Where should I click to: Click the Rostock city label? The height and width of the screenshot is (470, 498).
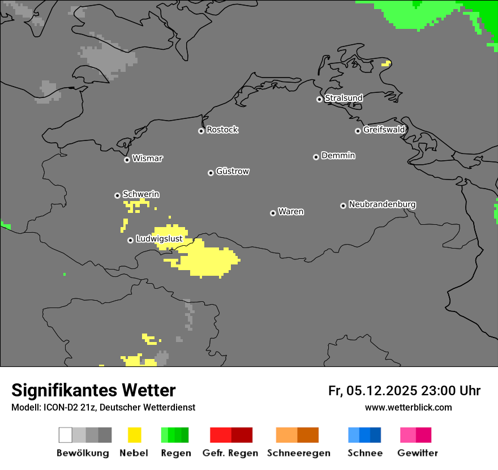[222, 130]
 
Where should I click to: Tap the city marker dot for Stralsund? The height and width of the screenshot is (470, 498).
[319, 99]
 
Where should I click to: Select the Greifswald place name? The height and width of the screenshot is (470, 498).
[384, 130]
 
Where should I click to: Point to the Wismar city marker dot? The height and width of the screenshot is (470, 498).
[127, 160]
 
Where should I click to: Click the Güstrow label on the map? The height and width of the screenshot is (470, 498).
[232, 172]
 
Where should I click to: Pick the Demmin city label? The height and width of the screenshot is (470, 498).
[338, 156]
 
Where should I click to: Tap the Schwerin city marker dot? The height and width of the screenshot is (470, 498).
[117, 195]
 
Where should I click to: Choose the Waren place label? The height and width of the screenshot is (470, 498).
[291, 212]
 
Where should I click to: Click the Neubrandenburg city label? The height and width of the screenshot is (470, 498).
[382, 204]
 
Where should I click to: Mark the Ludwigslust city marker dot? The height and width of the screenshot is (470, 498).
[130, 240]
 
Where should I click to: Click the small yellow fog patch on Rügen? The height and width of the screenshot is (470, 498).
[386, 63]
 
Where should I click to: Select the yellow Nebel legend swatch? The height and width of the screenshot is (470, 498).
[134, 435]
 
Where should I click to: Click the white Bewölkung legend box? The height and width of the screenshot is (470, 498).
[66, 435]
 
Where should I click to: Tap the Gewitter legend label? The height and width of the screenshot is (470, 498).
[418, 453]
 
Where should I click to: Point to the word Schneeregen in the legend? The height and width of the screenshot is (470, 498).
[299, 453]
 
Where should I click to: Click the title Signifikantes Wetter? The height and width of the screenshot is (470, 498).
[93, 391]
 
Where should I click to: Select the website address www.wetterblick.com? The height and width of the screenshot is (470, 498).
[408, 407]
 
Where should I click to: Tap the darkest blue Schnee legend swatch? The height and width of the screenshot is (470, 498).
[376, 435]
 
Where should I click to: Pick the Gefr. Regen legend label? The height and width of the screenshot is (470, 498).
[230, 453]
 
